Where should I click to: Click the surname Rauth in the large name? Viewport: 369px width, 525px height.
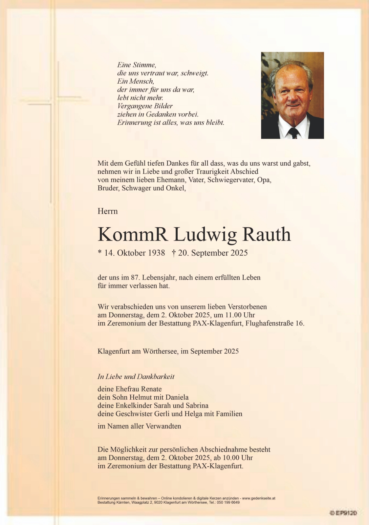pyautogui.click(x=267, y=235)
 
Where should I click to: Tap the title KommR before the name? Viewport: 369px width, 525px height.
pyautogui.click(x=133, y=235)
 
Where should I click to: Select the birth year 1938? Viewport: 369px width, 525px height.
pyautogui.click(x=156, y=253)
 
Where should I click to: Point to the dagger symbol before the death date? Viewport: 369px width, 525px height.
pyautogui.click(x=174, y=253)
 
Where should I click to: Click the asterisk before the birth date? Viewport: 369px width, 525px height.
pyautogui.click(x=99, y=252)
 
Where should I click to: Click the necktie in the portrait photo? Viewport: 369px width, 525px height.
pyautogui.click(x=293, y=133)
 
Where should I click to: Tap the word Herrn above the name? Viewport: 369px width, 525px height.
pyautogui.click(x=107, y=211)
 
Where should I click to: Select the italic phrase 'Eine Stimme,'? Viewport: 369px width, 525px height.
pyautogui.click(x=137, y=65)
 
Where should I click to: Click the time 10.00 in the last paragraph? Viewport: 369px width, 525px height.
pyautogui.click(x=222, y=458)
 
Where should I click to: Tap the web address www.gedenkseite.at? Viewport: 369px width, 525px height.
pyautogui.click(x=259, y=498)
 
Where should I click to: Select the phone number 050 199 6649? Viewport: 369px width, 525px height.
pyautogui.click(x=228, y=502)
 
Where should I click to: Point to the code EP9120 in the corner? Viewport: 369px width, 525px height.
pyautogui.click(x=344, y=513)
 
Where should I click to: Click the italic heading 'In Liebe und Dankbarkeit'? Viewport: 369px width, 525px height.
pyautogui.click(x=136, y=377)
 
